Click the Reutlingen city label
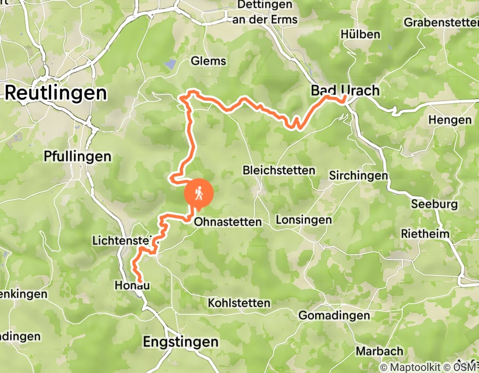click(55, 93)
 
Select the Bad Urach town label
click(345, 91)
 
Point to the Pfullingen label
click(78, 157)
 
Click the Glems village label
click(208, 61)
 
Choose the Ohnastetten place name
click(228, 222)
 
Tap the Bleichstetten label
click(278, 171)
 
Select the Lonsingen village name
click(304, 220)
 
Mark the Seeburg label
click(434, 204)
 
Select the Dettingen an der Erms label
click(262, 12)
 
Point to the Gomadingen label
click(333, 315)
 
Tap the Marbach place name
click(379, 351)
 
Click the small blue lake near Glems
click(170, 64)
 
